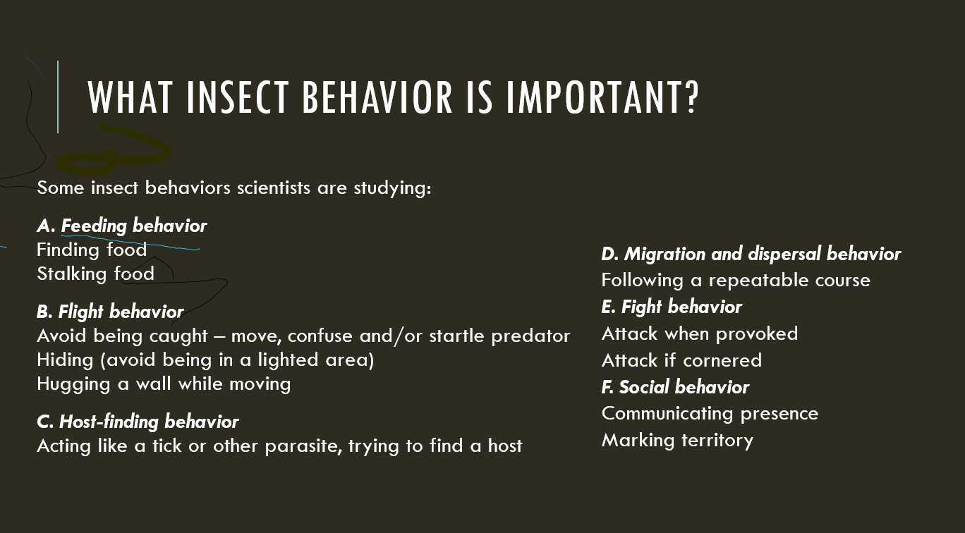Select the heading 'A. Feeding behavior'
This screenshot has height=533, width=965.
click(121, 226)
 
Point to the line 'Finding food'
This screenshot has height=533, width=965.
click(92, 250)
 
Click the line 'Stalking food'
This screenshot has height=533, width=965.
click(95, 274)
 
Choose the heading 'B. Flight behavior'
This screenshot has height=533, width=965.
click(110, 312)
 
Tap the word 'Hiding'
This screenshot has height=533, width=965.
click(65, 360)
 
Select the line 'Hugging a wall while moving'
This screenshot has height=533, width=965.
click(164, 384)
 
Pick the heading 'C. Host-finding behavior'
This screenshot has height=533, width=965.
click(138, 422)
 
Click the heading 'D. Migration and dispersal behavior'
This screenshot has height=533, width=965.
click(751, 254)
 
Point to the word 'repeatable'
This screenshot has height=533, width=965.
click(757, 280)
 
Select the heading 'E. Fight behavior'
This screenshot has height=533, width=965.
click(672, 307)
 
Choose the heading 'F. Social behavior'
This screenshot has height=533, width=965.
click(675, 387)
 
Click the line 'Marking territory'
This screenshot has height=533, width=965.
click(677, 441)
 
